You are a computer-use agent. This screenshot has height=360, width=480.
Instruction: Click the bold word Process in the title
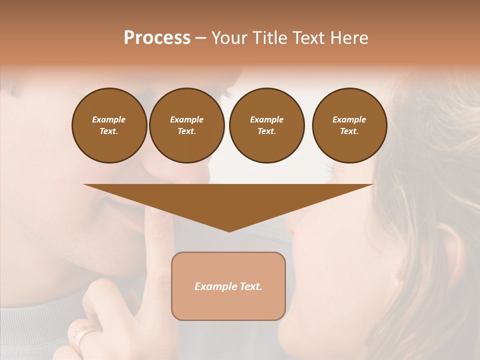click(157, 38)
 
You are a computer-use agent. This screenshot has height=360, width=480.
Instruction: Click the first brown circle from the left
click(109, 125)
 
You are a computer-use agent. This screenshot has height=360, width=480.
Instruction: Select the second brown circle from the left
click(186, 125)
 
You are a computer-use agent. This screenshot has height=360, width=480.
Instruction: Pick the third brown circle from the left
click(266, 125)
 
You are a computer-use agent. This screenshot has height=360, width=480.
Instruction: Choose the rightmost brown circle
click(349, 125)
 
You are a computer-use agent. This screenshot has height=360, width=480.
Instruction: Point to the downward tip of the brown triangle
click(229, 231)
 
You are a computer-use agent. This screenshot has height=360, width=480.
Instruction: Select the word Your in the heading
click(228, 38)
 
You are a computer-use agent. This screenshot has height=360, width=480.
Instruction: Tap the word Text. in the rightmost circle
click(349, 131)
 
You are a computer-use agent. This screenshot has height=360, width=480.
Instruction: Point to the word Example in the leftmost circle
click(109, 119)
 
